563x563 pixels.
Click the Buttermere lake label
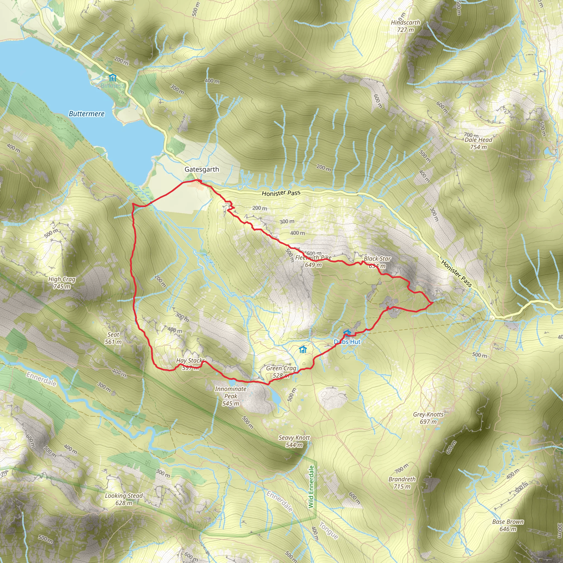coord(87,114)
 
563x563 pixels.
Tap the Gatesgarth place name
coord(202,169)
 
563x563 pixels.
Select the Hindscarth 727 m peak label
coord(406,26)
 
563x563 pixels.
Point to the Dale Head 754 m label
coord(478,143)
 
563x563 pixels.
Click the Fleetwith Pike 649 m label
coord(313,261)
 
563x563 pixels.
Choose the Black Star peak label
coord(377,259)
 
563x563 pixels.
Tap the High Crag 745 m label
coord(62,283)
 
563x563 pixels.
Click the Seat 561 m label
coord(113,338)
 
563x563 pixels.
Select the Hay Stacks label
coord(190,361)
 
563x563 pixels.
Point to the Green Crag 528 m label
coord(281,372)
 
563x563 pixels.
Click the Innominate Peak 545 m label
coord(230,396)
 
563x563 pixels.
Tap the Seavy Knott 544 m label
coord(294,441)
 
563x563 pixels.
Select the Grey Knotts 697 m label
coord(428,418)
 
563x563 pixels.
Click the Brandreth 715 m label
coord(402,482)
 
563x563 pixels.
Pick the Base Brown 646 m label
coord(508,525)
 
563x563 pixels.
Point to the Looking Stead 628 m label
coord(124,499)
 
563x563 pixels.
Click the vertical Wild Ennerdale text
coord(311,487)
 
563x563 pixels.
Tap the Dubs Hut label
coord(347,342)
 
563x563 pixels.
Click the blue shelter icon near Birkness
coord(112,78)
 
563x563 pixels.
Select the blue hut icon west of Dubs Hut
coord(303,349)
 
